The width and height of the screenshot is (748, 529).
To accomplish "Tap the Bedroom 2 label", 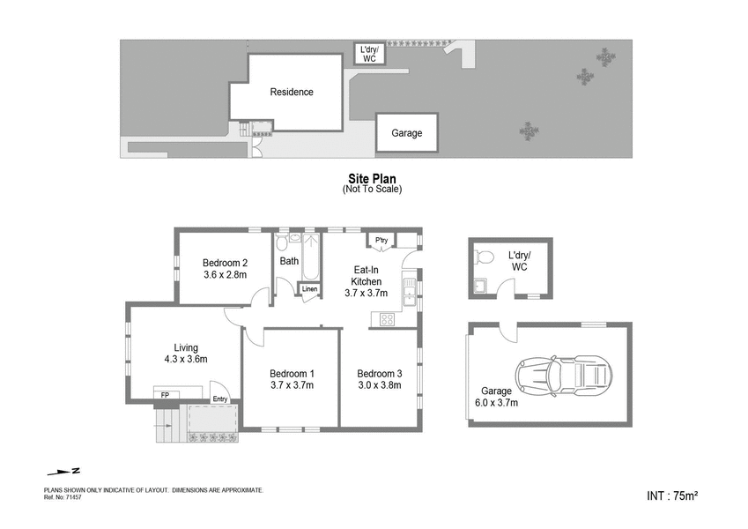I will pos(225,262).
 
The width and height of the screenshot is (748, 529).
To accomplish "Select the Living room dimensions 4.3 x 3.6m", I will pos(186,359).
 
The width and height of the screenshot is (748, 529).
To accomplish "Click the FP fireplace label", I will pos(164,394).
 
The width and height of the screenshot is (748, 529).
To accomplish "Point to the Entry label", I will pos(219,399).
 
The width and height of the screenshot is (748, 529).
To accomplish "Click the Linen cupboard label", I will pos(309,289).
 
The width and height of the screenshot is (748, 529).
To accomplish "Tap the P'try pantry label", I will pos(381,241).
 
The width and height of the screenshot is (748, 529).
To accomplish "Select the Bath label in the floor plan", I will pos(289,261).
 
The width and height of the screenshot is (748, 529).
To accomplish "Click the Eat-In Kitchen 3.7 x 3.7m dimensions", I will pos(367,294).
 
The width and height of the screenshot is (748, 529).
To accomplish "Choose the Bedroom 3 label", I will pos(379,372).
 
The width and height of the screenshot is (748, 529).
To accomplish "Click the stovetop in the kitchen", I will pos(387,320).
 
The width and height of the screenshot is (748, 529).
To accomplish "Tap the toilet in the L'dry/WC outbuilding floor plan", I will pos(483,257).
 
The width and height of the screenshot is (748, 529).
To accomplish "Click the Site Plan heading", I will pos(372,178).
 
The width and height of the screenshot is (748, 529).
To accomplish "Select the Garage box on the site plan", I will pos(407,133).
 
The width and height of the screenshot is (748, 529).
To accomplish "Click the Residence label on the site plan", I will pos(291,92).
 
